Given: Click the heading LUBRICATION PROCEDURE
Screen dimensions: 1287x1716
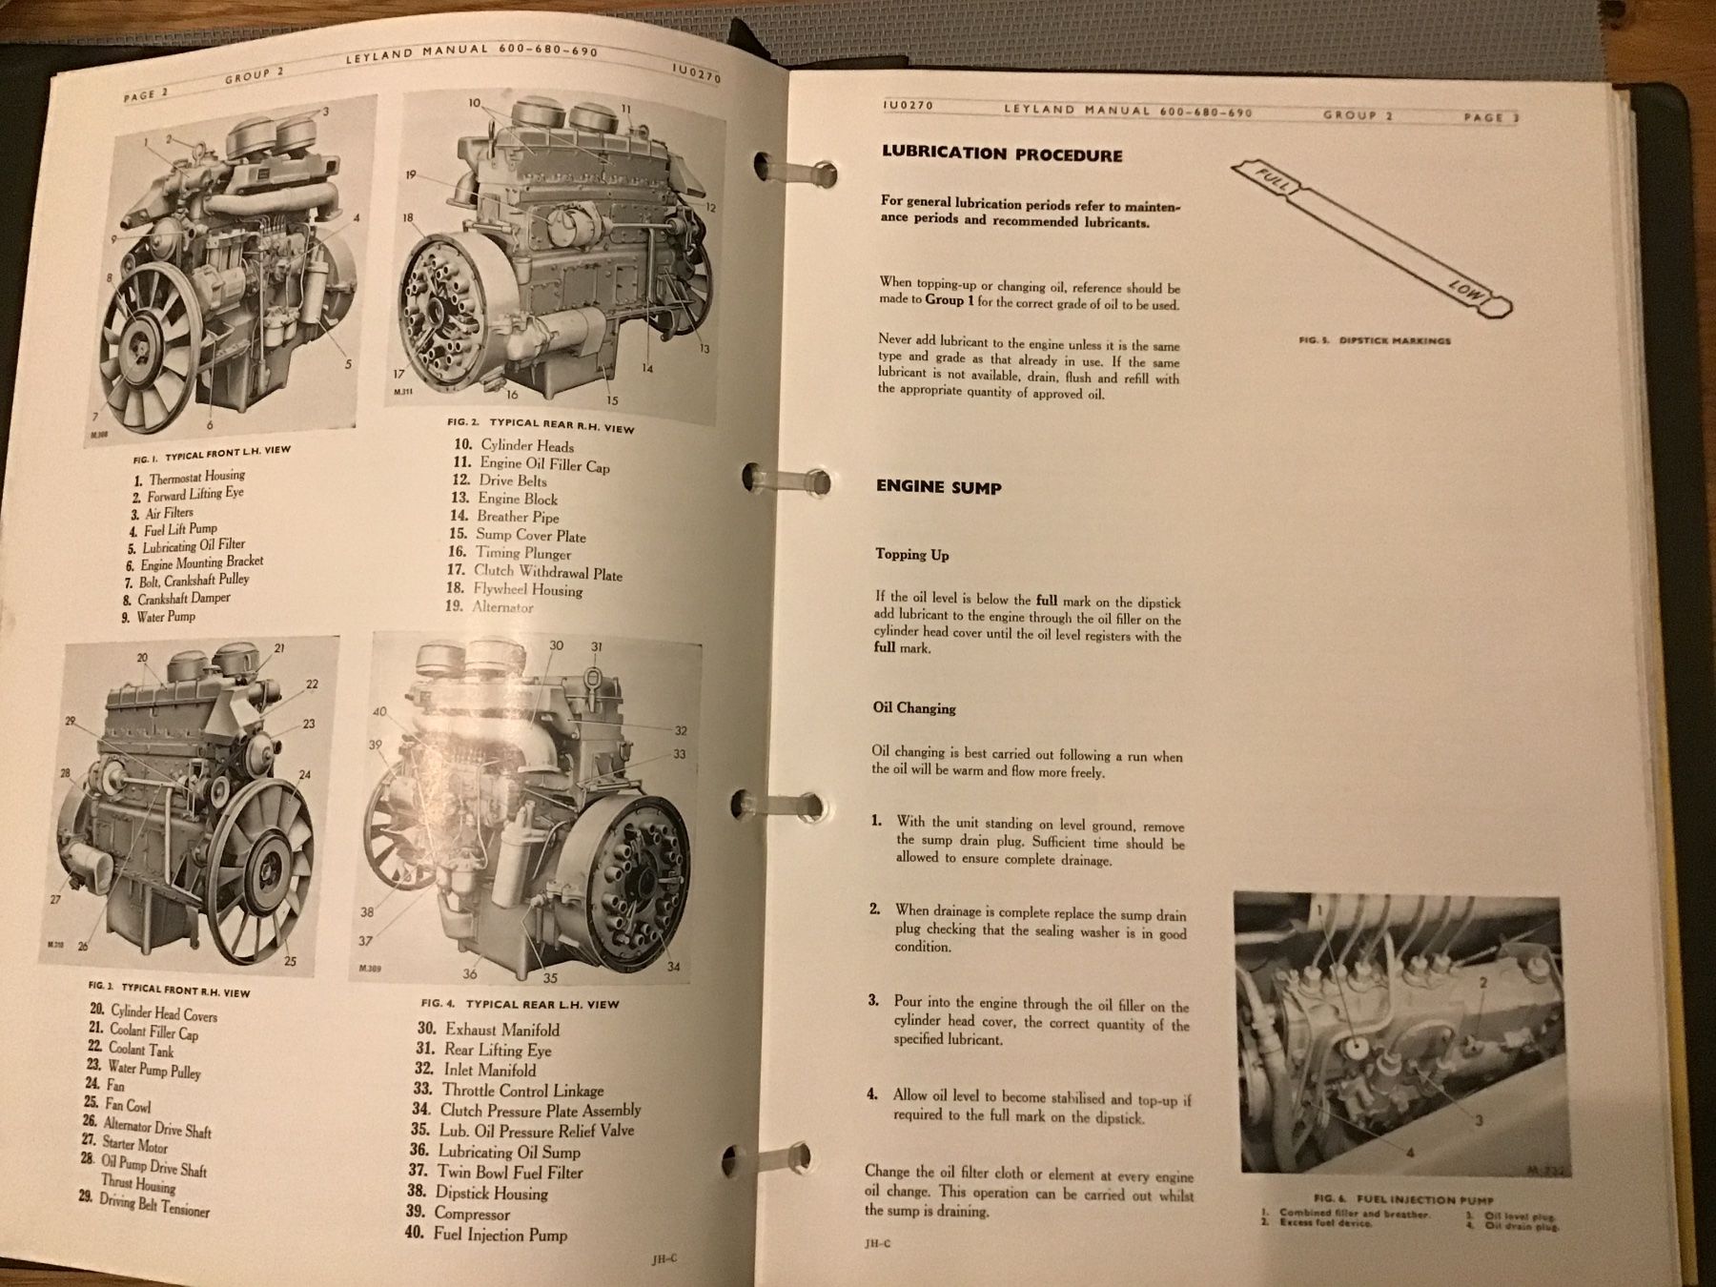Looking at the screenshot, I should coord(1001,154).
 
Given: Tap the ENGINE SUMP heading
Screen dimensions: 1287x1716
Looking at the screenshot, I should coord(938,487).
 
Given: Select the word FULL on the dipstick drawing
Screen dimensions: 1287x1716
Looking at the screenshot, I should coord(1271,181).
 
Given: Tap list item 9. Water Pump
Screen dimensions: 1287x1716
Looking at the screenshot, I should coord(157,617).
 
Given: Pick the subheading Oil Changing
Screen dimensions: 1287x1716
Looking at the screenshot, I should coord(913,708).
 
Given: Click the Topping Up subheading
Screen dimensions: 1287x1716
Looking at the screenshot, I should coord(912,554).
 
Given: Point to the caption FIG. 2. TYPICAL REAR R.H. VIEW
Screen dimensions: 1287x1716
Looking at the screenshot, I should coord(540,424).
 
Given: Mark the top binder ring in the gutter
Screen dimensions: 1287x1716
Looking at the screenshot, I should coord(799,173).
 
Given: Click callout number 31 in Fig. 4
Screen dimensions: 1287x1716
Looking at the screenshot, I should coord(596,647).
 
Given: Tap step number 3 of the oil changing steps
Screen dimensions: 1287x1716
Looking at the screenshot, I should coord(872,1000).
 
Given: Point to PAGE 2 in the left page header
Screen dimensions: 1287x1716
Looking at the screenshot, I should coord(146,93).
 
